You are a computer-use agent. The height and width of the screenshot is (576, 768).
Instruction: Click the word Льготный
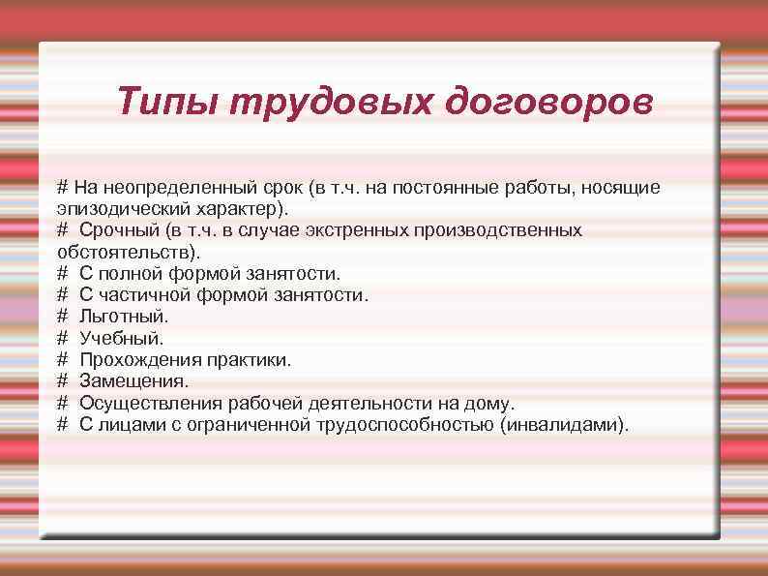pyautogui.click(x=124, y=317)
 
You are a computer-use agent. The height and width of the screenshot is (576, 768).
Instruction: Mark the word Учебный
pyautogui.click(x=122, y=338)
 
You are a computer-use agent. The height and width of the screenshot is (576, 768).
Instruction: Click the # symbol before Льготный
pyautogui.click(x=63, y=317)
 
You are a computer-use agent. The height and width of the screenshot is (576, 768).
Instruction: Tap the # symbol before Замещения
pyautogui.click(x=63, y=380)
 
